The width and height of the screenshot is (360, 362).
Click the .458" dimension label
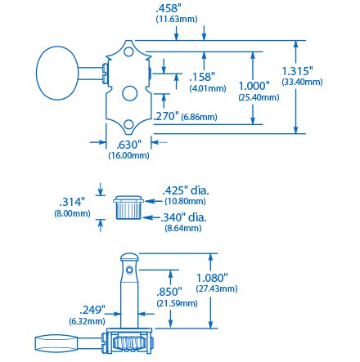tap(168, 8)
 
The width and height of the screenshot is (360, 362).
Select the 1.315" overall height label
tap(297, 71)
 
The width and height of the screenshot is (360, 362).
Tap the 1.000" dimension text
tap(254, 86)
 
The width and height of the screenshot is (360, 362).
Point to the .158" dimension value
tap(202, 77)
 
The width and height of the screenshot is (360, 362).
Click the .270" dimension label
tap(166, 116)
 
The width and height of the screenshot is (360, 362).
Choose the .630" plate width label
tap(128, 145)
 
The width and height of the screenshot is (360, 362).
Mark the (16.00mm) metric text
tap(128, 155)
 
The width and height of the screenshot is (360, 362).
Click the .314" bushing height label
tap(72, 202)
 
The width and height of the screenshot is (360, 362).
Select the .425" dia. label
tap(186, 190)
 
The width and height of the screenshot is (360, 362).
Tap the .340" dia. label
tap(183, 217)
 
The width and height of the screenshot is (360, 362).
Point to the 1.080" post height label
tap(212, 278)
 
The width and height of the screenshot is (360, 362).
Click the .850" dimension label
tap(169, 292)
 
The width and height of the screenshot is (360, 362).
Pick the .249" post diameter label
tap(92, 310)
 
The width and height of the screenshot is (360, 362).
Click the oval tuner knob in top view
tap(57, 73)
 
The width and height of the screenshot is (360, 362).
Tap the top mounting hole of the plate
tap(129, 51)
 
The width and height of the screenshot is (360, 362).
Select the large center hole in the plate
tap(129, 93)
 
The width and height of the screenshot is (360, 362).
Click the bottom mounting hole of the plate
tap(128, 124)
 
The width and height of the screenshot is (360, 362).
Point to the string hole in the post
tap(129, 270)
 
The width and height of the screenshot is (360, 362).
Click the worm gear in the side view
tap(129, 342)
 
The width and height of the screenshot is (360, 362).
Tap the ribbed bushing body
tap(128, 211)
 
